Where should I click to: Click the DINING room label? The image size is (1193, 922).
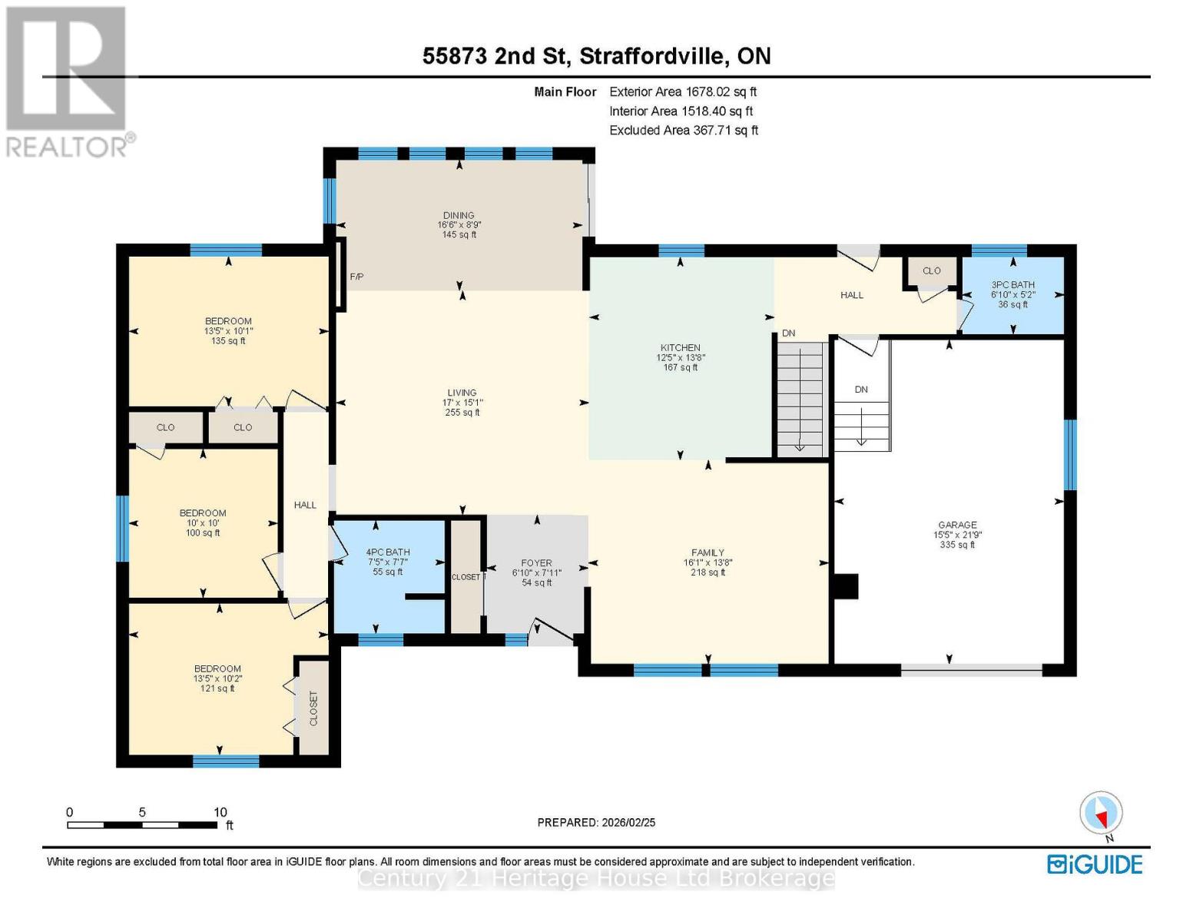[x=459, y=216]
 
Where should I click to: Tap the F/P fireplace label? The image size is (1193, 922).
[x=356, y=277]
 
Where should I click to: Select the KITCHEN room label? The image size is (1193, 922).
[x=680, y=348]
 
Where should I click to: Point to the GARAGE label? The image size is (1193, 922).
[x=957, y=525]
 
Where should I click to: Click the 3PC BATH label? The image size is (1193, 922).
[x=1012, y=285]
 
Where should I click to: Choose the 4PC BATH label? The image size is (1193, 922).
[x=388, y=552]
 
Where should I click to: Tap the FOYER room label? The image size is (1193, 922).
[x=536, y=563]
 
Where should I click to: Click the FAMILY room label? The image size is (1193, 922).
[x=708, y=552]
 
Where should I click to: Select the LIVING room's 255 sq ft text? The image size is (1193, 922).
[x=462, y=413]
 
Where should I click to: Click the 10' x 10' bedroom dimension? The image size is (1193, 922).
[x=203, y=523]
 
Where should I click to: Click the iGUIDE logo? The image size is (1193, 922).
[x=1095, y=864]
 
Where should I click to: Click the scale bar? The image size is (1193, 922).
[x=142, y=825]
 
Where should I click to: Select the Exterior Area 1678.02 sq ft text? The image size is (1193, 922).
[x=683, y=91]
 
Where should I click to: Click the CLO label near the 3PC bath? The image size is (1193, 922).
[x=932, y=271]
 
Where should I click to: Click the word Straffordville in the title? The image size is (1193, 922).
[x=651, y=56]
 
